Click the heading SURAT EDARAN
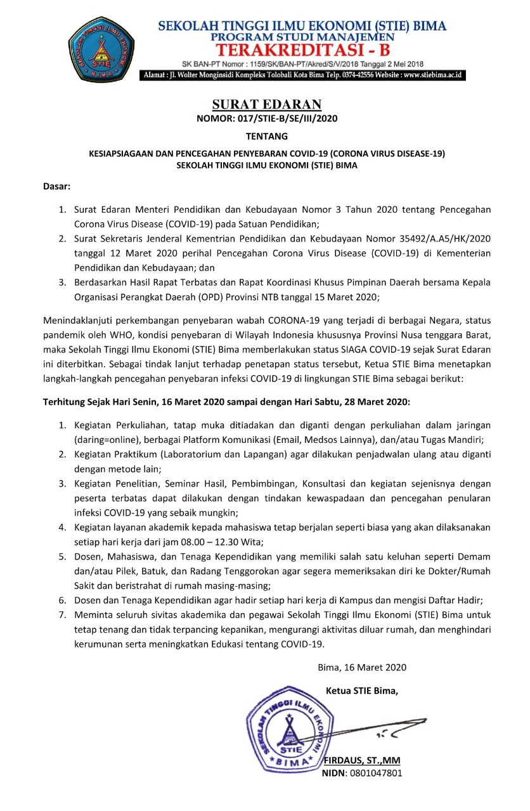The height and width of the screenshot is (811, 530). point(266,105)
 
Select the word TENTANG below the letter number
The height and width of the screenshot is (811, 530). point(266,136)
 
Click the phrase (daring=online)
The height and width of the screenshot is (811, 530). point(106,440)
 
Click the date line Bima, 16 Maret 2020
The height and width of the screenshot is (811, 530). point(362,667)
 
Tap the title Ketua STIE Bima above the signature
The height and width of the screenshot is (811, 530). point(361,690)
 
